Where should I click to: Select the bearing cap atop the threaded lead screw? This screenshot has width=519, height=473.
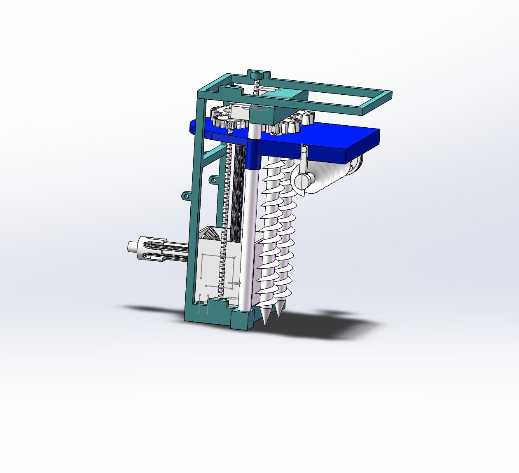257,75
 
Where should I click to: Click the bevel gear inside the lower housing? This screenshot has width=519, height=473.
213,234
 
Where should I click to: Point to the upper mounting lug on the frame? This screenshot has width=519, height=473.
213,180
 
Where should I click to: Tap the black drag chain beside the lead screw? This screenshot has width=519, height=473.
236,194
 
